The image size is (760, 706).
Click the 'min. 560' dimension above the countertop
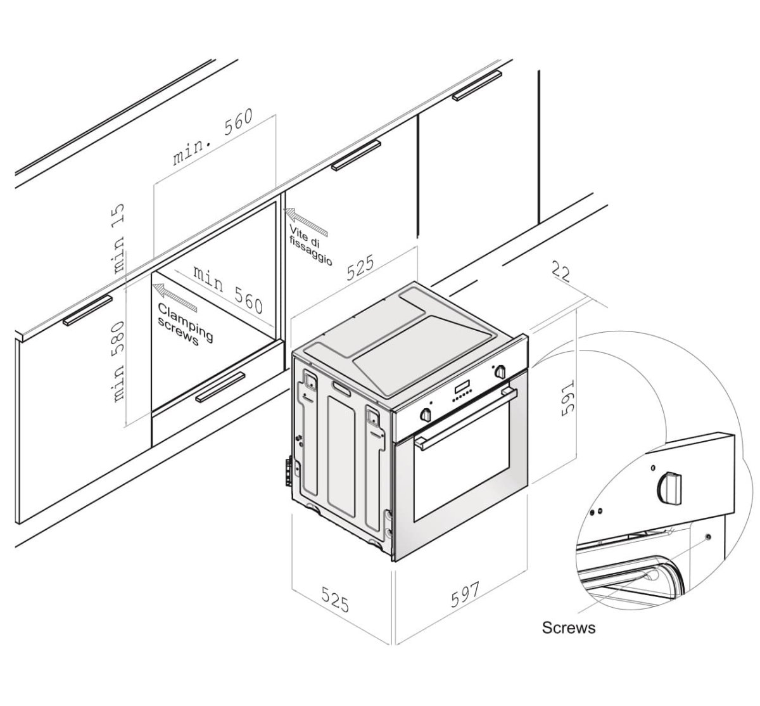(213, 137)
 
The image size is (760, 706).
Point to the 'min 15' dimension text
(118, 238)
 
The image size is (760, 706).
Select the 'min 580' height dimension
(118, 362)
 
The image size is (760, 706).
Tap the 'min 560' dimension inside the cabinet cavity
(229, 290)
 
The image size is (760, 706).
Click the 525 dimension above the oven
(360, 268)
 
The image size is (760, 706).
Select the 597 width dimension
(465, 595)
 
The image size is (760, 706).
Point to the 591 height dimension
(567, 397)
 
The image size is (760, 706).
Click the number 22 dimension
(561, 272)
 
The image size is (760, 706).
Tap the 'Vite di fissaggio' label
(310, 245)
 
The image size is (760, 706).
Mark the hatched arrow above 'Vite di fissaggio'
(305, 221)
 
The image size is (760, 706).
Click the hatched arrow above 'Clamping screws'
(175, 298)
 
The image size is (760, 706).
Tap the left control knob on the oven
(426, 414)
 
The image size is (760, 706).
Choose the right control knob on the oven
(500, 371)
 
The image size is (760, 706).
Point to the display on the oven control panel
(464, 388)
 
